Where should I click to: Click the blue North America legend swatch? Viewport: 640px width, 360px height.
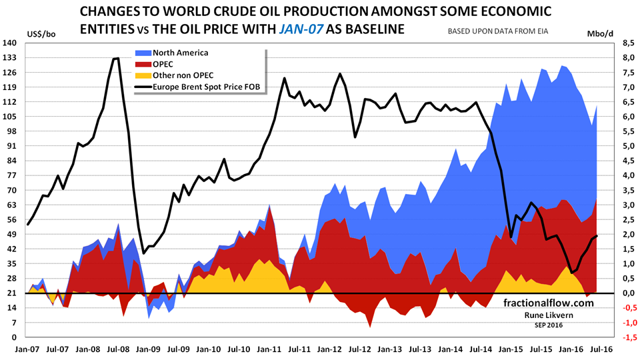143,53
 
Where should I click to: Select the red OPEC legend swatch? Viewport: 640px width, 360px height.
143,64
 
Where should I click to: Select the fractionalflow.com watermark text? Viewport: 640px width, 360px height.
549,303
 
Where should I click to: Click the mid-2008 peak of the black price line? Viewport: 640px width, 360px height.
117,59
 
